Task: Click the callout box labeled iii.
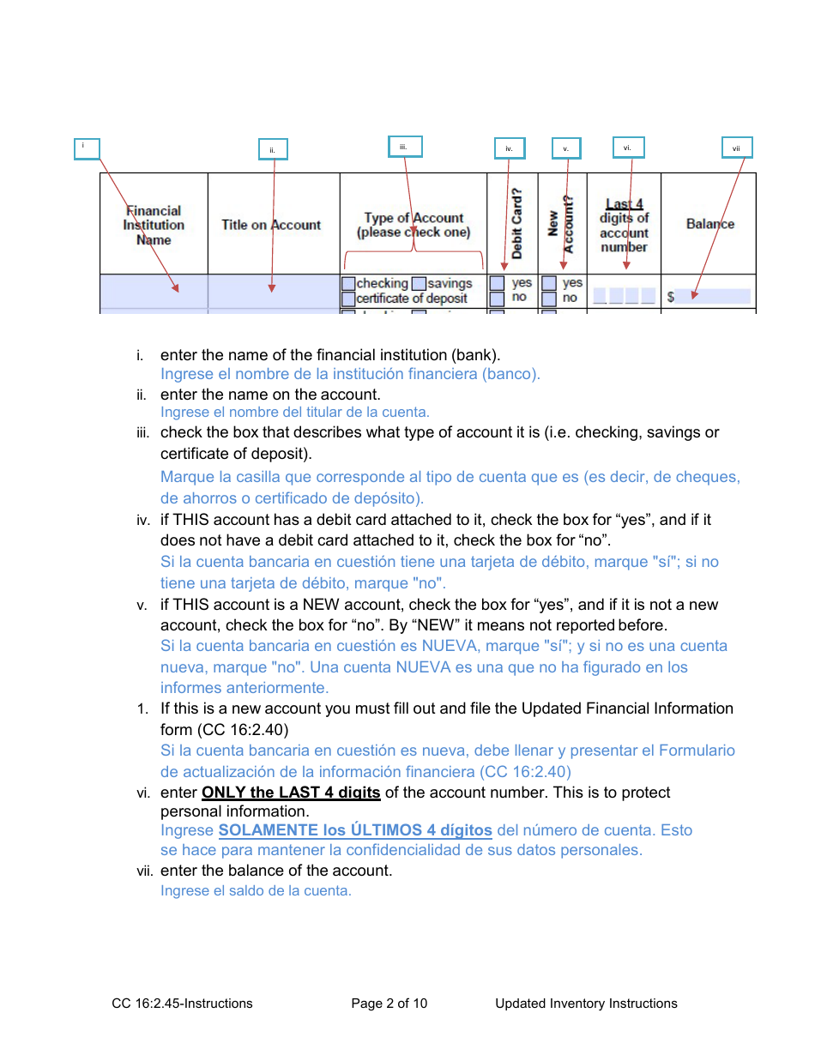pyautogui.click(x=405, y=148)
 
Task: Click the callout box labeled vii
pyautogui.click(x=736, y=148)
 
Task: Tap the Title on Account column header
pyautogui.click(x=271, y=225)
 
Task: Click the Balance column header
pyautogui.click(x=710, y=224)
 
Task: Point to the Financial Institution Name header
pyautogui.click(x=154, y=225)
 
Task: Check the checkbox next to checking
pyautogui.click(x=348, y=283)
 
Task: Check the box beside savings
pyautogui.click(x=418, y=283)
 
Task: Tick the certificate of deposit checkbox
pyautogui.click(x=348, y=298)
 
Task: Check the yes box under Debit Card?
pyautogui.click(x=497, y=283)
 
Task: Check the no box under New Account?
pyautogui.click(x=549, y=298)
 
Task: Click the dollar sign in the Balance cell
pyautogui.click(x=671, y=297)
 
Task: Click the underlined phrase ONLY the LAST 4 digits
pyautogui.click(x=291, y=793)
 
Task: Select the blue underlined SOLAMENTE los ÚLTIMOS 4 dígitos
pyautogui.click(x=355, y=830)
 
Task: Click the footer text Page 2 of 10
pyautogui.click(x=389, y=1004)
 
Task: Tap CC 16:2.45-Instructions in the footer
pyautogui.click(x=182, y=1004)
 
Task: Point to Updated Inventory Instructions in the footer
pyautogui.click(x=586, y=1004)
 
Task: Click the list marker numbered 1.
pyautogui.click(x=142, y=709)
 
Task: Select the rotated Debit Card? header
pyautogui.click(x=517, y=224)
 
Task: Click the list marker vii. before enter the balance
pyautogui.click(x=144, y=871)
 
